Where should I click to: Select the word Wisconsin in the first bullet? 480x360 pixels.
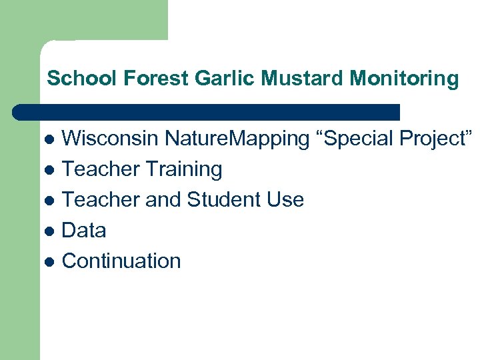click(x=110, y=139)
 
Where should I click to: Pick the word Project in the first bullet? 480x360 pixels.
click(x=437, y=139)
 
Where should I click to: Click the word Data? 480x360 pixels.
click(x=84, y=231)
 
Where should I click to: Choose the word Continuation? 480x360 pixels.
click(x=121, y=261)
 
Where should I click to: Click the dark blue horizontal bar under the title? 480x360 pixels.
click(x=207, y=111)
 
